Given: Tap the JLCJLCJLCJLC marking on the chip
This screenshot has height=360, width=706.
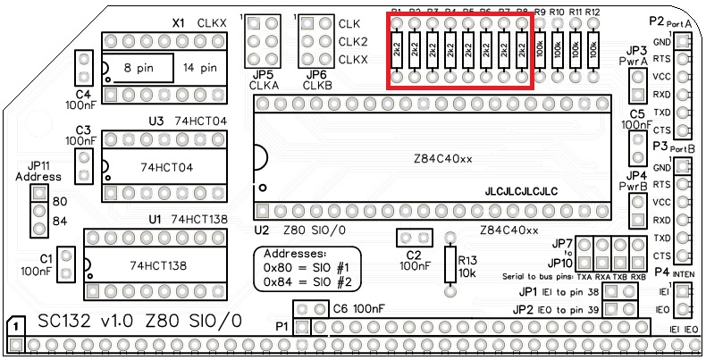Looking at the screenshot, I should [x=521, y=190].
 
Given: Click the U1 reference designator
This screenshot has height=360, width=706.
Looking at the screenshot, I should [x=154, y=219].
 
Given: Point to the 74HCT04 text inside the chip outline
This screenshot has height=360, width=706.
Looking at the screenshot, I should [x=167, y=166].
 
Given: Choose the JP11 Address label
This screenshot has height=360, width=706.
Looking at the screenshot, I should [x=38, y=171].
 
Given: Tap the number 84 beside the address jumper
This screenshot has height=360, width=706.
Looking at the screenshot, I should [x=61, y=222].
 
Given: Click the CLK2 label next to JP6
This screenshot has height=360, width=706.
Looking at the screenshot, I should [x=352, y=42].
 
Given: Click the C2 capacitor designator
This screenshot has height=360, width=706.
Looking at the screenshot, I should [x=412, y=255].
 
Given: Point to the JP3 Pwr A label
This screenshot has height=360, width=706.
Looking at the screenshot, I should [x=637, y=55].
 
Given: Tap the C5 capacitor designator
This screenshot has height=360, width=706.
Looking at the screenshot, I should [x=637, y=114].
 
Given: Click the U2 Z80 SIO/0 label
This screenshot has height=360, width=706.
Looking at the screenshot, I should [x=299, y=230].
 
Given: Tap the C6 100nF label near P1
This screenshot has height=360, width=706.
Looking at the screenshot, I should [x=357, y=308].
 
